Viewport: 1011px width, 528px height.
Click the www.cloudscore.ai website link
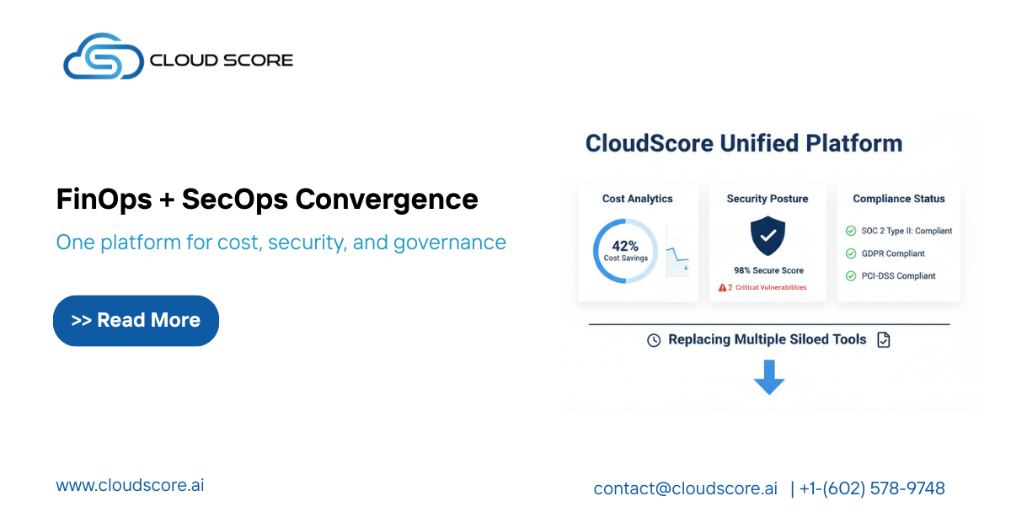coord(130,485)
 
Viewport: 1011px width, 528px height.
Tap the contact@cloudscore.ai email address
coord(685,488)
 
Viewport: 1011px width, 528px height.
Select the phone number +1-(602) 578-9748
coord(872,488)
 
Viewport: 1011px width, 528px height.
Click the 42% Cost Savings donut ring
coord(625,251)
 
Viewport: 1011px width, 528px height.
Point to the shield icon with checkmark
coord(768,237)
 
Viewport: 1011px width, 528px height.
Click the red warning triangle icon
coord(722,287)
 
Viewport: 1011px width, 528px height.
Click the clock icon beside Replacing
coord(654,340)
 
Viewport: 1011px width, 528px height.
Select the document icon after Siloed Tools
coord(883,340)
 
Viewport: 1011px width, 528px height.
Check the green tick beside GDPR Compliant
coord(851,253)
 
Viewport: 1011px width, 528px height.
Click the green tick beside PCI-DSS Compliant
coord(851,276)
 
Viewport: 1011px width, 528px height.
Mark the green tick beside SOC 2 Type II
coord(851,231)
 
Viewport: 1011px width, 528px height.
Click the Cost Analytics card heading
coord(638,199)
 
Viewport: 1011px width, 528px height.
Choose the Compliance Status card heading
coord(898,199)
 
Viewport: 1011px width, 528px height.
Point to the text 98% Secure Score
coord(768,270)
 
